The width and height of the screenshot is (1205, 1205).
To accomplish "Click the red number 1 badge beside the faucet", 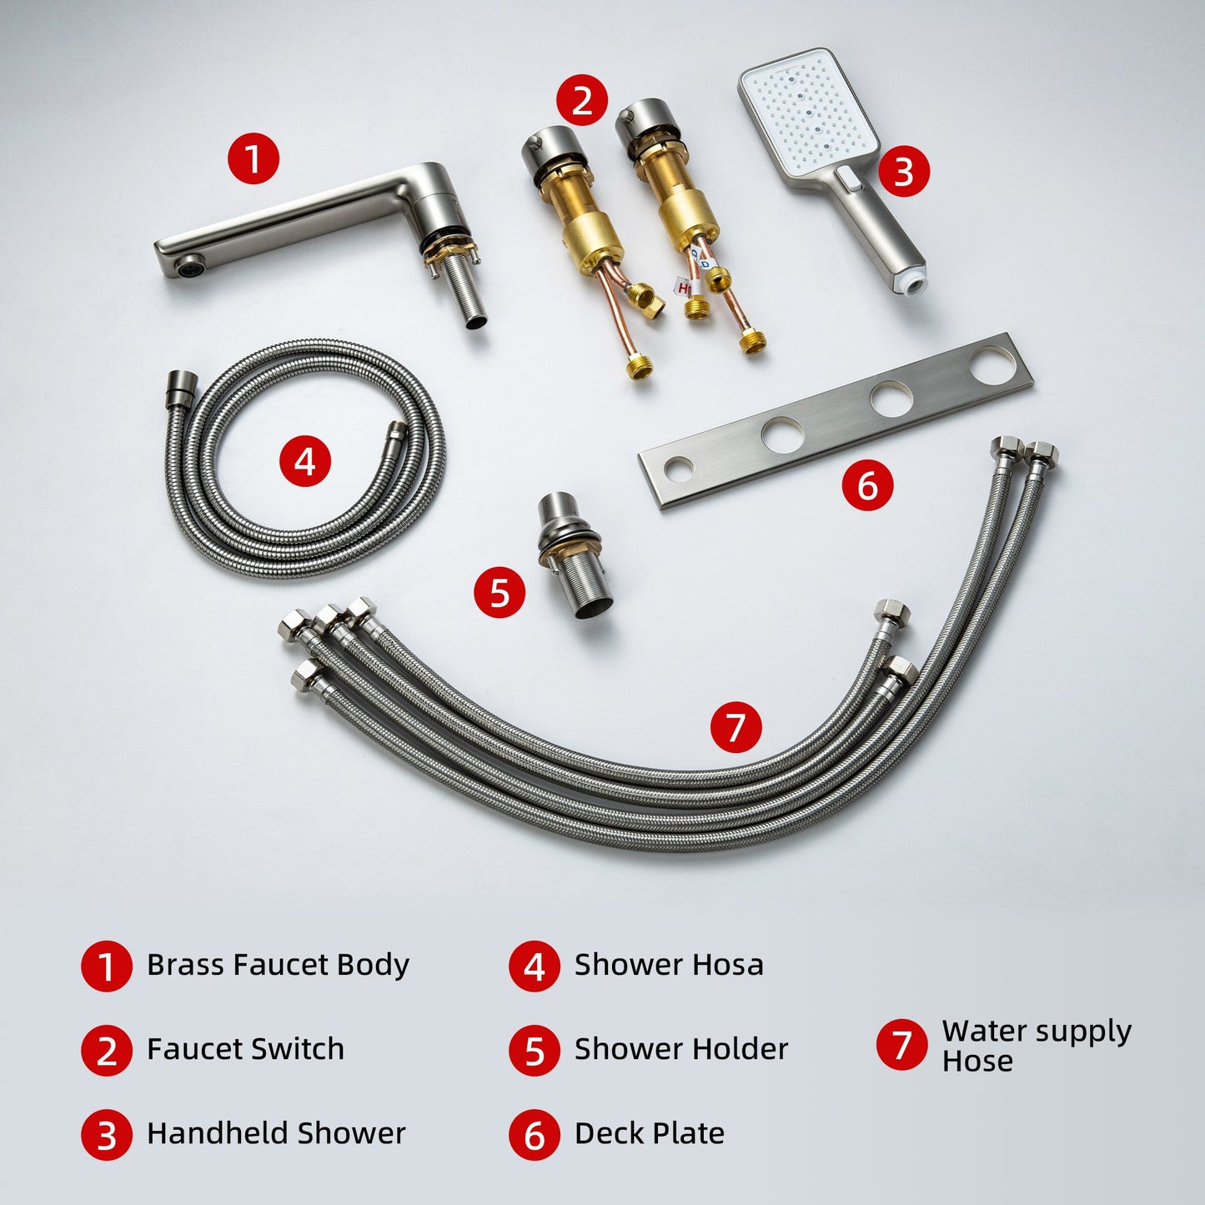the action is (253, 158).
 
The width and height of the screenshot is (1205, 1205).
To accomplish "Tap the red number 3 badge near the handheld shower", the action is (904, 171).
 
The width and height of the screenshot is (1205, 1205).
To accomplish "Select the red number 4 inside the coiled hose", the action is (304, 461).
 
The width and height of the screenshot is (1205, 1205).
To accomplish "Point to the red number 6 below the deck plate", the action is (867, 485).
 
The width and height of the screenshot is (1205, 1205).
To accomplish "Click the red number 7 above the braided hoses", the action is (736, 726).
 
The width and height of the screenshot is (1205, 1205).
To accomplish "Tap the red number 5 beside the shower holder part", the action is (499, 591).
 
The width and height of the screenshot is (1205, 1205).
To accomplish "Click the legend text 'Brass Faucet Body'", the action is (278, 966).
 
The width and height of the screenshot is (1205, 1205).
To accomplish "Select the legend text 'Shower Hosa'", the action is (669, 965).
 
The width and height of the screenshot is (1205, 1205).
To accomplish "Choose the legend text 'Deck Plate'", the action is (649, 1134).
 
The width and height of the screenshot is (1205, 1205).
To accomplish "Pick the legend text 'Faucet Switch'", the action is (245, 1049).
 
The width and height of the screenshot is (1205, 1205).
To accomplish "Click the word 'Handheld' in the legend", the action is (217, 1134).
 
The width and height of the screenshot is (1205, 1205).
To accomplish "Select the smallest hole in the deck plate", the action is (678, 469).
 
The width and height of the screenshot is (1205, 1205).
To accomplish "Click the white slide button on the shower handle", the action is (850, 178).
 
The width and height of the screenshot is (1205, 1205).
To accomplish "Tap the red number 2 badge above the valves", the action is (581, 100).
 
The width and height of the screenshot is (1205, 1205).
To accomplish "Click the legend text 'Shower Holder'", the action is (681, 1049).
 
